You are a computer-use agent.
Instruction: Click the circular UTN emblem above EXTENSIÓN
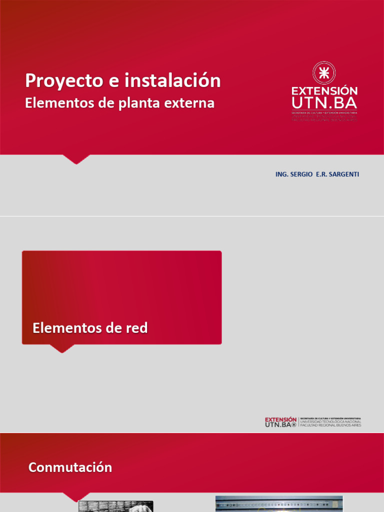pyautogui.click(x=324, y=73)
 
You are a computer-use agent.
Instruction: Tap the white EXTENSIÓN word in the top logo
pyautogui.click(x=324, y=91)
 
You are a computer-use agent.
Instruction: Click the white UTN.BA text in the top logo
pyautogui.click(x=324, y=103)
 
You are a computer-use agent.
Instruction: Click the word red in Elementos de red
pyautogui.click(x=137, y=328)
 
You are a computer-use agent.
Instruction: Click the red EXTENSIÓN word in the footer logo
pyautogui.click(x=280, y=419)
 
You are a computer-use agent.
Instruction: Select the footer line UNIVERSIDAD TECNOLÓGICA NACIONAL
pyautogui.click(x=330, y=421)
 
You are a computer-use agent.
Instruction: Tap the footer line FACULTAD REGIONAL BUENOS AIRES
pyautogui.click(x=330, y=425)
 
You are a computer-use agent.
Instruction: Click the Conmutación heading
pyautogui.click(x=70, y=467)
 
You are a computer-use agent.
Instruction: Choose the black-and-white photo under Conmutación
pyautogui.click(x=115, y=506)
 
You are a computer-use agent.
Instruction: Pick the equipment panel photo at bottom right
pyautogui.click(x=279, y=504)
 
